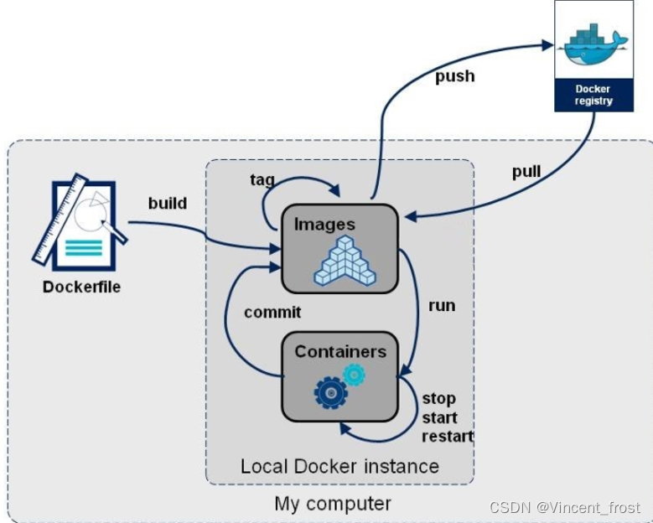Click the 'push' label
pos(455,77)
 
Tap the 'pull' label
pos(526,172)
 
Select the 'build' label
pos(168,203)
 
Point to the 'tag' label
pos(262,180)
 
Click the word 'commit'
pos(272,313)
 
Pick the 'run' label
pos(442,306)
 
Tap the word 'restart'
pos(448,437)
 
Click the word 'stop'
pos(439,399)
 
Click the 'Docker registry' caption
pos(593,95)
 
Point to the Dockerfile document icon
pos(80,223)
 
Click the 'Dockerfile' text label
pos(81,287)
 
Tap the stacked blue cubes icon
pos(345,261)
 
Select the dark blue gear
pos(331,392)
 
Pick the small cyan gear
pos(354,375)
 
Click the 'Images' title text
pos(324,225)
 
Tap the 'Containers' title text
pos(340,352)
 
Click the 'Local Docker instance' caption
pos(339,466)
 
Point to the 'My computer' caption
pos(333,504)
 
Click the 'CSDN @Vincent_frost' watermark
pos(565,508)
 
